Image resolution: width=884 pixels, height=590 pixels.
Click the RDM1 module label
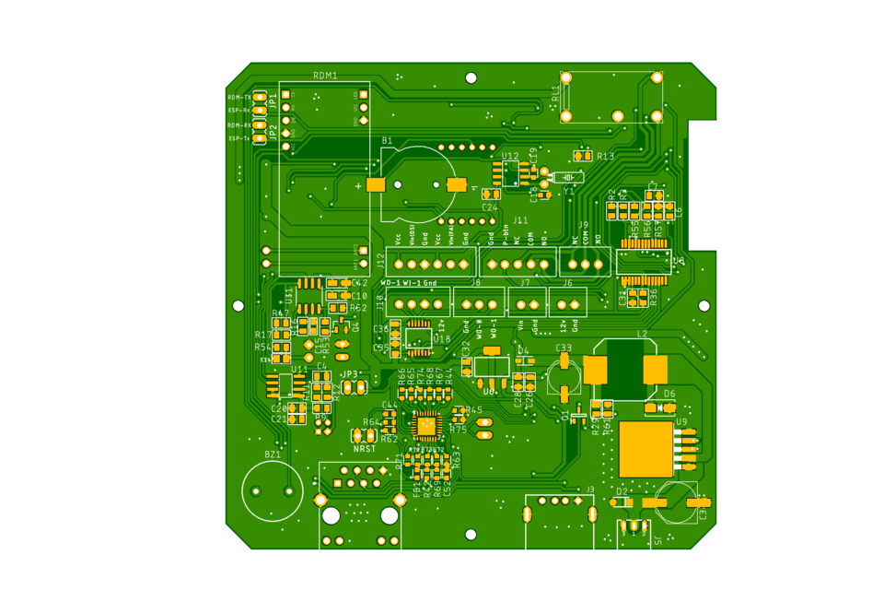pos(325,76)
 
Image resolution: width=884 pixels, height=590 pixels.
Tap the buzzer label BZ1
pos(273,454)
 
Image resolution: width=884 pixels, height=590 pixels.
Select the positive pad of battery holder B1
pos(375,184)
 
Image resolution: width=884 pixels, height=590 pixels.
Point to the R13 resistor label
pos(605,157)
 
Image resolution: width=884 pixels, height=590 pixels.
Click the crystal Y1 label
pos(569,192)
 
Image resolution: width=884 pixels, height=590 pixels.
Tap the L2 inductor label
pos(642,334)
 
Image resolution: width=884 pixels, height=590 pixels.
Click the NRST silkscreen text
pos(365,449)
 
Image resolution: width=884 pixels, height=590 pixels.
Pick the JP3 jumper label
pos(350,374)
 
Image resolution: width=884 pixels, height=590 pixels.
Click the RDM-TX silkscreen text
pos(239,97)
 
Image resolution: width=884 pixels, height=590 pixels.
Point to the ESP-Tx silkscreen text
pos(239,138)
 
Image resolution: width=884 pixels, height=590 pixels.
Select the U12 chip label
pos(510,156)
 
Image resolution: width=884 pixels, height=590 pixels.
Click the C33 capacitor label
pos(564,348)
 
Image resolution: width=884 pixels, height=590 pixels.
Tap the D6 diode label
pos(669,394)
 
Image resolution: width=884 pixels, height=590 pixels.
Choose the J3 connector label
pos(590,490)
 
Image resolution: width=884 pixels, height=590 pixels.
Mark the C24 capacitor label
pos(490,207)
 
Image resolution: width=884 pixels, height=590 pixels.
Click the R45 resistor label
pos(473,410)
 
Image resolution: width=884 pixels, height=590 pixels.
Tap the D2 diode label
pos(622,491)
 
